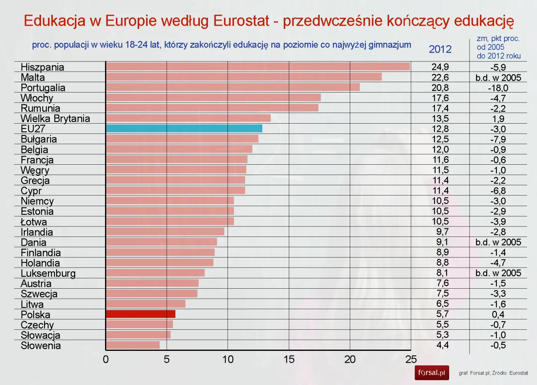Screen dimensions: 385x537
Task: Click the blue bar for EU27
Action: click(184, 128)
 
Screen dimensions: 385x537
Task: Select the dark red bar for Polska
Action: click(140, 314)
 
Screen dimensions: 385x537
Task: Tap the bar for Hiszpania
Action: click(258, 66)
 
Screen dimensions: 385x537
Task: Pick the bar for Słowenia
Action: click(133, 345)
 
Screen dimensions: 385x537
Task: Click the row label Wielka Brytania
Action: click(55, 119)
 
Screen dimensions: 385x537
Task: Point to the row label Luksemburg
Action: click(48, 273)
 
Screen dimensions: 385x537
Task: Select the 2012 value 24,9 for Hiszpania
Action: click(440, 67)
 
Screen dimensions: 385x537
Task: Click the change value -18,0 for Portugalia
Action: click(498, 88)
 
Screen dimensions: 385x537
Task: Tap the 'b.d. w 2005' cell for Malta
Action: click(498, 78)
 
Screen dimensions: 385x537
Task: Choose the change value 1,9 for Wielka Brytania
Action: click(498, 119)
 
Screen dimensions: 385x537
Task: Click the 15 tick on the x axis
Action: click(289, 360)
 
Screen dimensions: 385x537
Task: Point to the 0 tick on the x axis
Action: click(106, 360)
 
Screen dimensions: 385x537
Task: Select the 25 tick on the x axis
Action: click(411, 360)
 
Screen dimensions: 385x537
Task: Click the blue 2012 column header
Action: click(440, 49)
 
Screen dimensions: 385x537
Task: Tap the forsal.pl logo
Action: click(432, 373)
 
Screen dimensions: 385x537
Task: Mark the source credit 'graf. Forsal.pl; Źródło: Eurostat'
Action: click(493, 373)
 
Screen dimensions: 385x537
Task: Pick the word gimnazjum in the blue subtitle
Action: click(390, 45)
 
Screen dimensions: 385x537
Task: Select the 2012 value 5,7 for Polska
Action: click(442, 314)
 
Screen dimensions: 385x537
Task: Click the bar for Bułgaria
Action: click(182, 139)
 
